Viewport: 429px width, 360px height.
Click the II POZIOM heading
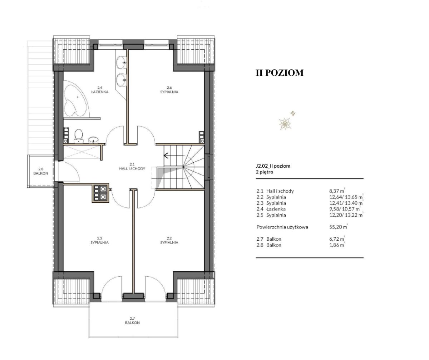click(280, 73)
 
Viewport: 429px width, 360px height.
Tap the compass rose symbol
click(285, 123)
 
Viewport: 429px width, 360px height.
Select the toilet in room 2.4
click(79, 135)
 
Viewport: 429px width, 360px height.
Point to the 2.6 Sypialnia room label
click(169, 90)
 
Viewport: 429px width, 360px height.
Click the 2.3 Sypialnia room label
click(99, 240)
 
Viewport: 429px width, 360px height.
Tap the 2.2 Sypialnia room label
click(169, 240)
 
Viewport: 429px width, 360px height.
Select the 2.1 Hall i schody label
click(132, 167)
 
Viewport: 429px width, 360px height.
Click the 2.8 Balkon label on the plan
click(41, 171)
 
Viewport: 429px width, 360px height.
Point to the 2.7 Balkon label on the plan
click(132, 321)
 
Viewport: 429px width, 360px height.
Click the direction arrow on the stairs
click(166, 156)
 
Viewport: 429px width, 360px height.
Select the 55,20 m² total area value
click(338, 227)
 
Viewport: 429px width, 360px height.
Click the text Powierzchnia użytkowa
click(282, 227)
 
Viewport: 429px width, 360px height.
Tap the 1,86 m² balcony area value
click(337, 245)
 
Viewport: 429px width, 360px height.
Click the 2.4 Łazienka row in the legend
click(308, 209)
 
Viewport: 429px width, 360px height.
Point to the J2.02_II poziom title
click(273, 166)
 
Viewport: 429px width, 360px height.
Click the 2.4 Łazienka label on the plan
click(100, 90)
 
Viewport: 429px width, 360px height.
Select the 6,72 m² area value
click(337, 239)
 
